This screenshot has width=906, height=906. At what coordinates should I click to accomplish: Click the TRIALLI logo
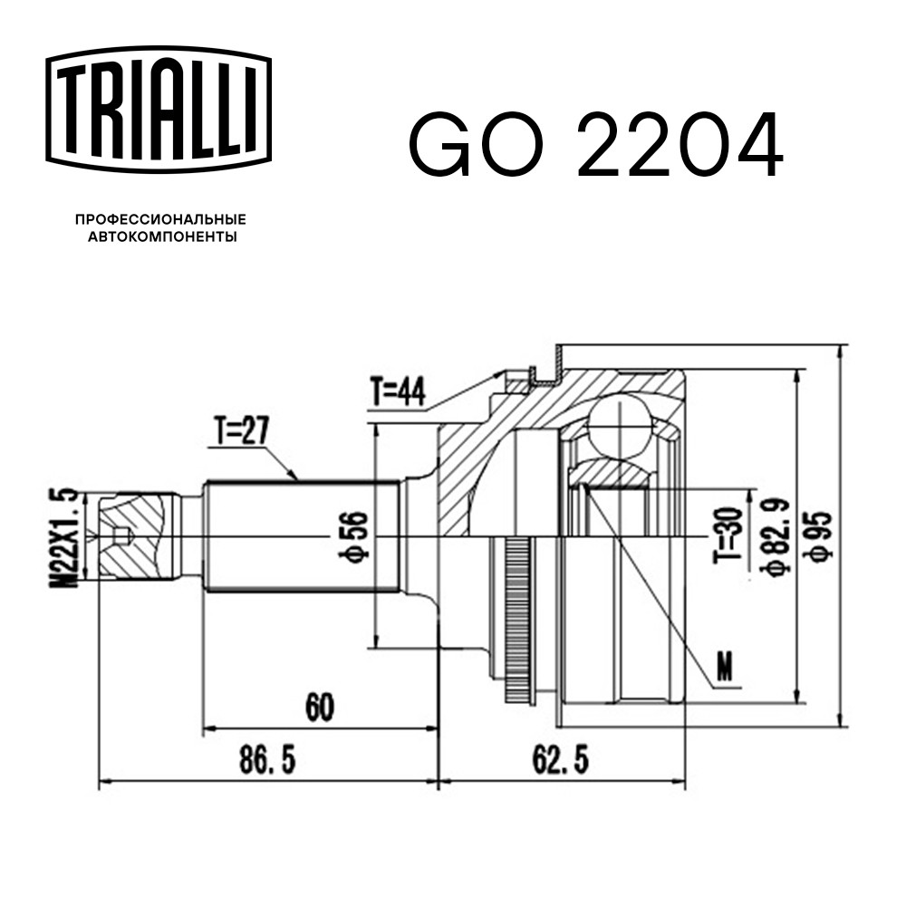coord(159,110)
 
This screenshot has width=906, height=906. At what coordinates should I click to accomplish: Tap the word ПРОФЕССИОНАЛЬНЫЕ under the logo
coord(160,219)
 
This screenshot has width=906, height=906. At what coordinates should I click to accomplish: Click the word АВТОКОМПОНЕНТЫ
coord(162,236)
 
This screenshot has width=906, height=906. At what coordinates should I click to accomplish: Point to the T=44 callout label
coord(398,391)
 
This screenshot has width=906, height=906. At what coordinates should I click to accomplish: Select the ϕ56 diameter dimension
coord(353,536)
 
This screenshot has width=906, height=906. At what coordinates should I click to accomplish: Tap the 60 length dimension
coord(320,707)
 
